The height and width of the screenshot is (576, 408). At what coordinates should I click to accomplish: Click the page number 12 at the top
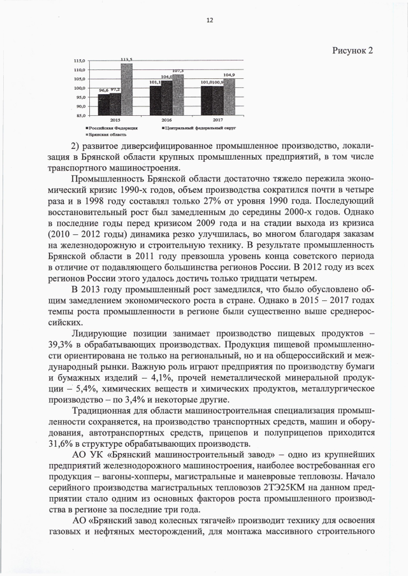[208, 20]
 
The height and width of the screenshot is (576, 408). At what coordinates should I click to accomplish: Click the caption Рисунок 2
[353, 50]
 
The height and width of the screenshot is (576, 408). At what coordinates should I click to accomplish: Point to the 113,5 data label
[126, 59]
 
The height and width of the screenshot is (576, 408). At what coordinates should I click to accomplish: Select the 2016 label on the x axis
[166, 120]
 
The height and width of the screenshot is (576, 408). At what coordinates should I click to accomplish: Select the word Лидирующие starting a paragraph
[101, 333]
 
